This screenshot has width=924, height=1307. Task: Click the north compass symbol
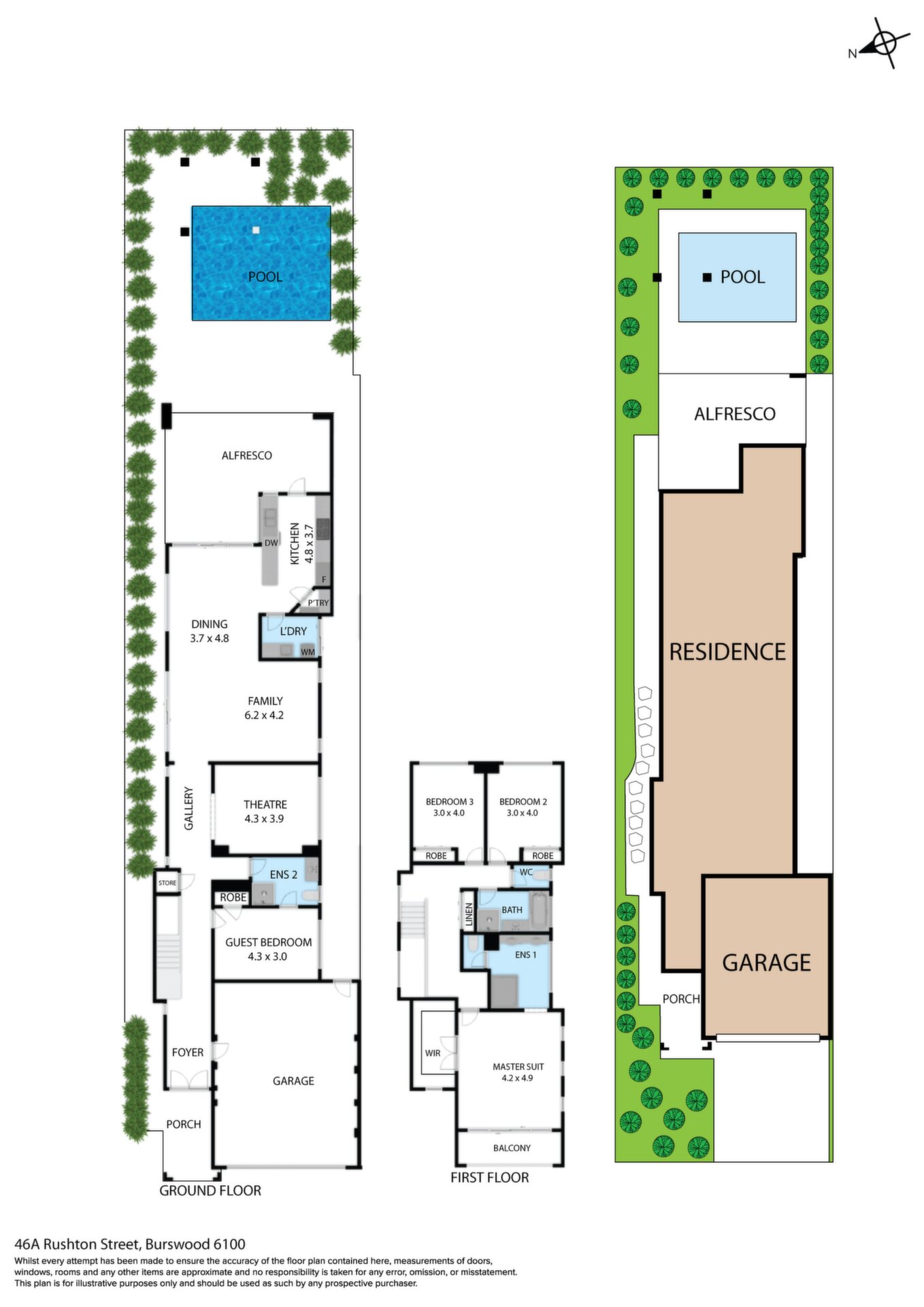point(883,43)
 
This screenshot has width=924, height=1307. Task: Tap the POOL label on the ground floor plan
point(265,276)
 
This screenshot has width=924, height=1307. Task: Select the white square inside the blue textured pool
point(256,230)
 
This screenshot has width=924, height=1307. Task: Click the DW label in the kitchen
point(271,543)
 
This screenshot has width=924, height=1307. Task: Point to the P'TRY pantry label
point(318,603)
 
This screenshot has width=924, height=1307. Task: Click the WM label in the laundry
point(308,652)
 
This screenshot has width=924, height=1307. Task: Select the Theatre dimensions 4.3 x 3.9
point(264,819)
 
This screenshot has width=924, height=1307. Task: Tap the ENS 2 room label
point(283,875)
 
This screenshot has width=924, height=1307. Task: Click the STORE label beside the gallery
point(167,883)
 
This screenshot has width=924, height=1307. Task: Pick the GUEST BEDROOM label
point(268,942)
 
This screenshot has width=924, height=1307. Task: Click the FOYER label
point(188,1052)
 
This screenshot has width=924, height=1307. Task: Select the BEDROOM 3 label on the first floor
point(449,801)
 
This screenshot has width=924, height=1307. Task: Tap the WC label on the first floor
point(526,872)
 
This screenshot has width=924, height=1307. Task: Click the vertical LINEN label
point(469,915)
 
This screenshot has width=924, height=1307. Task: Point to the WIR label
point(433,1053)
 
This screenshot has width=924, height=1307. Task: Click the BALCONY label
point(512,1148)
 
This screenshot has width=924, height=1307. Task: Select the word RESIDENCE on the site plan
point(727,652)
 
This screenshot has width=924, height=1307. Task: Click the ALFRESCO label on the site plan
point(734,414)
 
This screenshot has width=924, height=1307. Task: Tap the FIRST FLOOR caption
point(489,1178)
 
